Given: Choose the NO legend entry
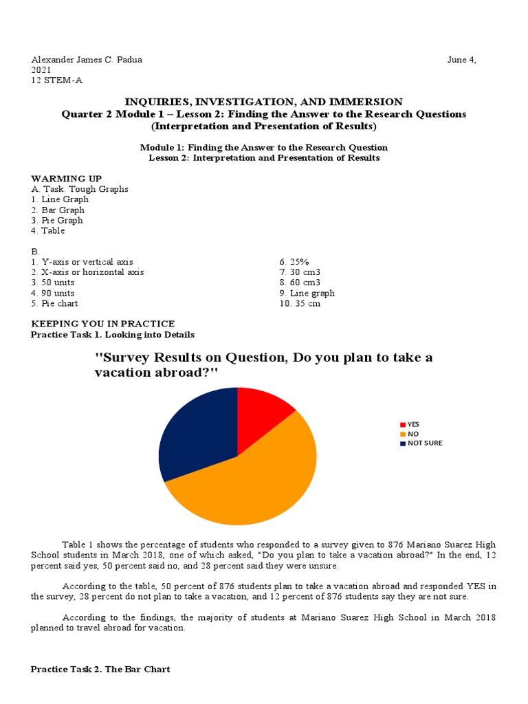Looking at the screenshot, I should tap(411, 434).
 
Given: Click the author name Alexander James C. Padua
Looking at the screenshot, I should tap(83, 60).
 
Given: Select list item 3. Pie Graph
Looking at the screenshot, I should tap(57, 221).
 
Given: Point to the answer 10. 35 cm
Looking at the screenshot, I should tap(299, 304).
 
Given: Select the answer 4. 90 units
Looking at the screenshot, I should tap(53, 293).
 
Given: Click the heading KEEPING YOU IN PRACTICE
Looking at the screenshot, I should tap(103, 324).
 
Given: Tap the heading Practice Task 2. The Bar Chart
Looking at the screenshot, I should tap(101, 669).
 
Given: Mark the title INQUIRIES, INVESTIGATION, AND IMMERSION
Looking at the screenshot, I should tap(264, 102).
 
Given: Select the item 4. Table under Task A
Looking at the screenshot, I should tap(48, 231).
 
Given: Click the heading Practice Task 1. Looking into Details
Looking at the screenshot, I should tap(113, 335).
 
